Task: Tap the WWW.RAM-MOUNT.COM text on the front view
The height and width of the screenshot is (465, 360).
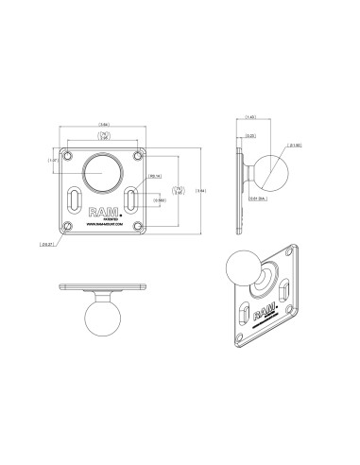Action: coord(104,225)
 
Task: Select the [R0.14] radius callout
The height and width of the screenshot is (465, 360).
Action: coord(157,175)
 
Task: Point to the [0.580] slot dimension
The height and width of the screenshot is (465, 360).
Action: coord(162,199)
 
